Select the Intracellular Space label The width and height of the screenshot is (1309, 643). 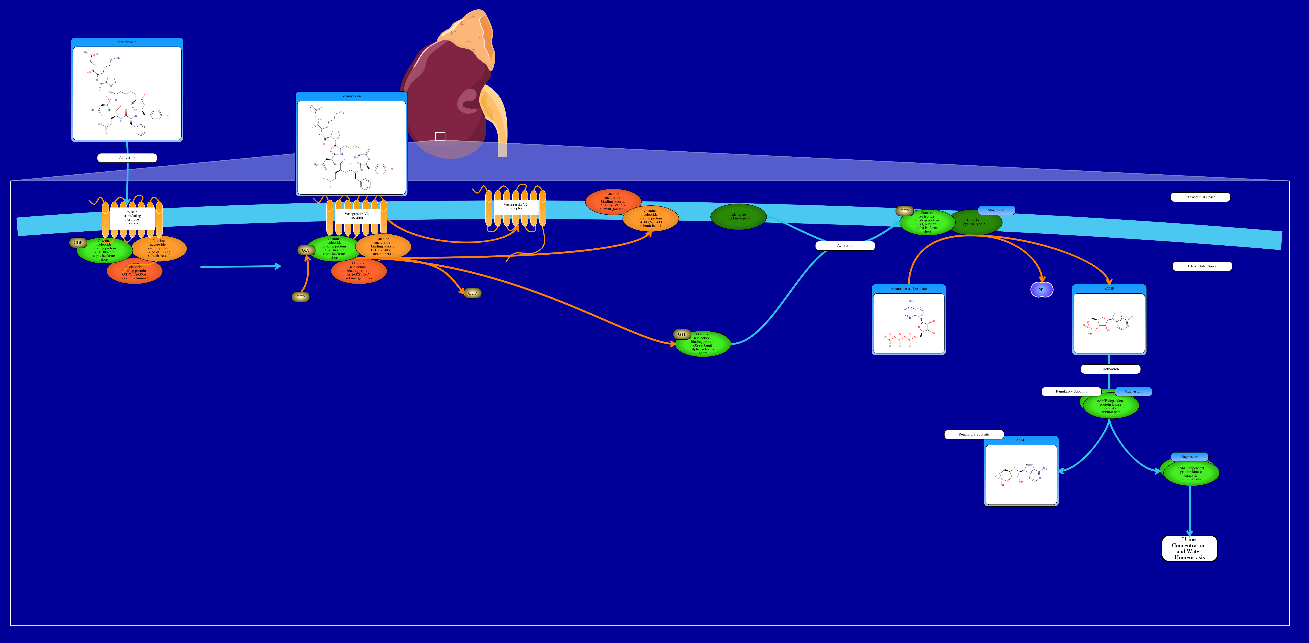pos(1202,266)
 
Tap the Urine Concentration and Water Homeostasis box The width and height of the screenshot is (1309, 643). pos(1189,549)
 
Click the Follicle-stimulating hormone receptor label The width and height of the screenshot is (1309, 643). pos(132,217)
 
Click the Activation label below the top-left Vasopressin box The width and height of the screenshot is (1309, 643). pos(127,158)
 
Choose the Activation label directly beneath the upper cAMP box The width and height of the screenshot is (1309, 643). pos(1110,369)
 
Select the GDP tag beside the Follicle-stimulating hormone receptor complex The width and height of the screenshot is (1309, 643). pos(78,243)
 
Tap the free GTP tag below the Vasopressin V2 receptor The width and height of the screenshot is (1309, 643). pos(300,297)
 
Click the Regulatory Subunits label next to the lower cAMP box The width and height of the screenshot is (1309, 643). pos(974,434)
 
